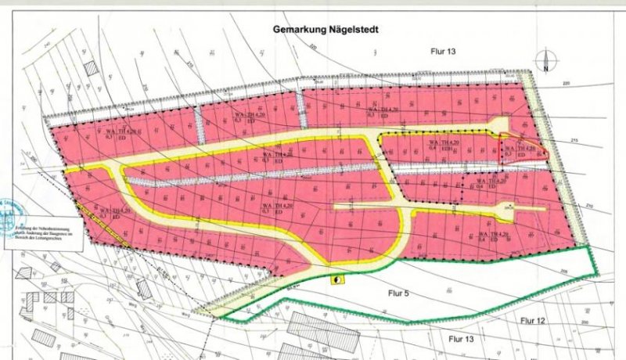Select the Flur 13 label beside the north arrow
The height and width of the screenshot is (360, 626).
[x=444, y=51]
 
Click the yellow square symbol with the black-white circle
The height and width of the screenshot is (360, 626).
[x=337, y=278]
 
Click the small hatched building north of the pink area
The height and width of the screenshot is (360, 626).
[x=92, y=68]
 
